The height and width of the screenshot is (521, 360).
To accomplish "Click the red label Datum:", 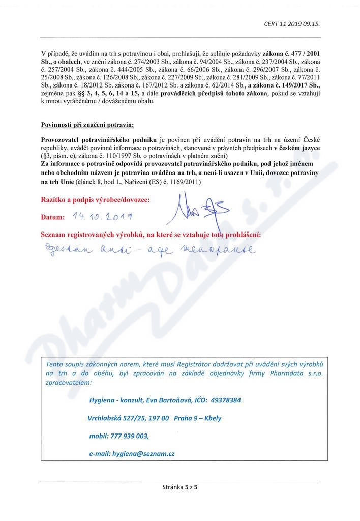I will click(53, 217).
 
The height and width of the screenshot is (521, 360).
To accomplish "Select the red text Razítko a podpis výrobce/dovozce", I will click(95, 200).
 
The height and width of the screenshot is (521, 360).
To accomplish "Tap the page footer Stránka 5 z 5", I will click(179, 487).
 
